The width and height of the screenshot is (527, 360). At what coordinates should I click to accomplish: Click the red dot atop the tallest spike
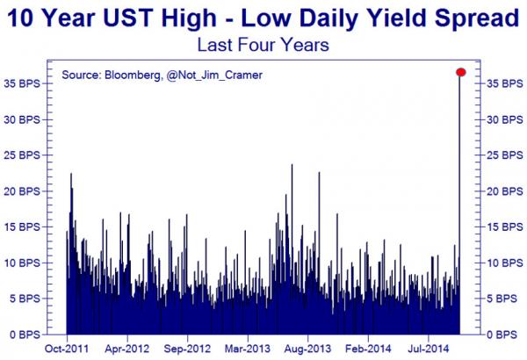pyautogui.click(x=461, y=72)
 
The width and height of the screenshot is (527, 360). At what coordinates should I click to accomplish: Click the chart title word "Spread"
pyautogui.click(x=477, y=18)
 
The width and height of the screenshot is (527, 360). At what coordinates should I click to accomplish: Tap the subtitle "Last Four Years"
pyautogui.click(x=263, y=45)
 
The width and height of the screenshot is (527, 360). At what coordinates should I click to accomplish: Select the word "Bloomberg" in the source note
pyautogui.click(x=133, y=75)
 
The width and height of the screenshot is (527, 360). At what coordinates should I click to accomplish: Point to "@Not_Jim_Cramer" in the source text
pyautogui.click(x=214, y=75)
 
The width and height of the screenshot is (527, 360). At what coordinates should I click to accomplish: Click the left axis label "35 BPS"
pyautogui.click(x=21, y=83)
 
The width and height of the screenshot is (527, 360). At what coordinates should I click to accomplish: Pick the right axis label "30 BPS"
pyautogui.click(x=505, y=119)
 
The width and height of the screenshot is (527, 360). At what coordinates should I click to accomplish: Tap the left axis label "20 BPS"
pyautogui.click(x=21, y=191)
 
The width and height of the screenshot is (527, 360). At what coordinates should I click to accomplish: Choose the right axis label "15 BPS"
pyautogui.click(x=505, y=227)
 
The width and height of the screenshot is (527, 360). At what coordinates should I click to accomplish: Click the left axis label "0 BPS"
pyautogui.click(x=25, y=335)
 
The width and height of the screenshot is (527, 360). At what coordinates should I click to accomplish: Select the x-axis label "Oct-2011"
pyautogui.click(x=67, y=349)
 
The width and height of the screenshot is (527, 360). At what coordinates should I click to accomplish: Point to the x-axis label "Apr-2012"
pyautogui.click(x=126, y=349)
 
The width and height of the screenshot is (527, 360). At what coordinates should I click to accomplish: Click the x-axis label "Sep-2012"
pyautogui.click(x=187, y=349)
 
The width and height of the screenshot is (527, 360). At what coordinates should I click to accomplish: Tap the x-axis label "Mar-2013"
pyautogui.click(x=248, y=349)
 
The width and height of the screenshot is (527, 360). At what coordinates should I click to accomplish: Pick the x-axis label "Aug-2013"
pyautogui.click(x=307, y=349)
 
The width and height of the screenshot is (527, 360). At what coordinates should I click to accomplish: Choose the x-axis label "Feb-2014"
pyautogui.click(x=368, y=349)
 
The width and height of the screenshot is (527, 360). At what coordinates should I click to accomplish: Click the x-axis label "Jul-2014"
pyautogui.click(x=429, y=349)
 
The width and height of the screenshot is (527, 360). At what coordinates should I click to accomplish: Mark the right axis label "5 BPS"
pyautogui.click(x=502, y=299)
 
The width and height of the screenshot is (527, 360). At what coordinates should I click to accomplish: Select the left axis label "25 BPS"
pyautogui.click(x=21, y=155)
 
